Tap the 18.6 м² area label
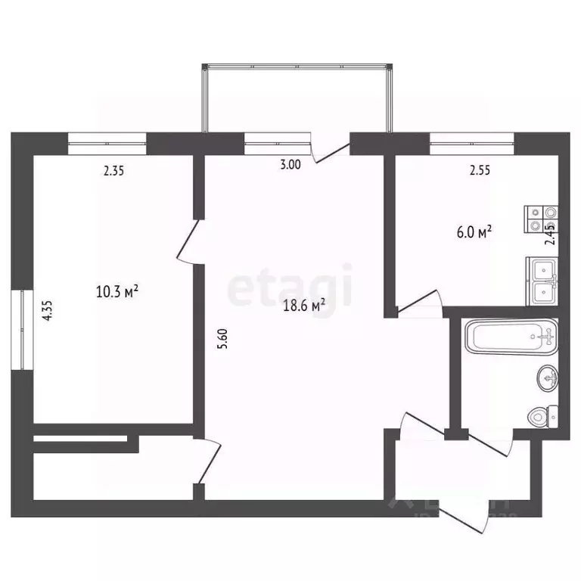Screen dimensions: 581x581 306,305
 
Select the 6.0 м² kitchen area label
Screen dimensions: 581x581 474,232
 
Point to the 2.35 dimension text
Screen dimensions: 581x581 113,171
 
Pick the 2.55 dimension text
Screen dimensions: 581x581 480,171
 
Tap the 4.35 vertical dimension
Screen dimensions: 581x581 48,312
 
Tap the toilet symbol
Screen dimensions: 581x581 544,415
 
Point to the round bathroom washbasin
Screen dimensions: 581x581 548,376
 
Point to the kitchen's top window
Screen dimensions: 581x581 472,138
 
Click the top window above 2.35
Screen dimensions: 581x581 107,138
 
